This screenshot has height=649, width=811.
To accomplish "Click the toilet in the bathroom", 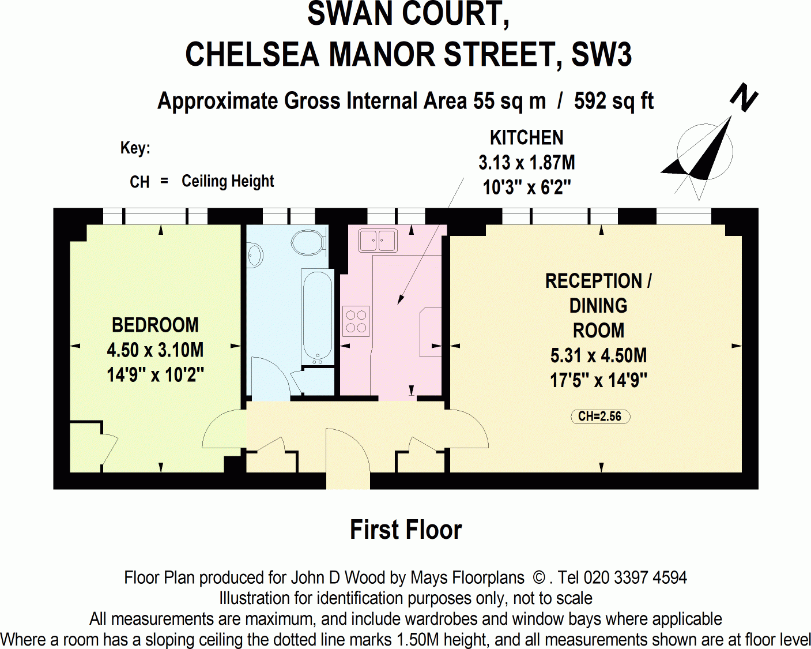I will click(x=310, y=242).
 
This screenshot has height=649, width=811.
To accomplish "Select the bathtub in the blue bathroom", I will click(x=317, y=317).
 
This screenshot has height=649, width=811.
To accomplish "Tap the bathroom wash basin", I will click(x=254, y=255).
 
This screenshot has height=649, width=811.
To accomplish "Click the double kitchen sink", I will click(x=378, y=240).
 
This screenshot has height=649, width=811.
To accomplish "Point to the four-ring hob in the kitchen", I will click(x=356, y=321).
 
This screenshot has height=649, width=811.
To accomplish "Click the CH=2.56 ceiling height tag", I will click(x=600, y=417).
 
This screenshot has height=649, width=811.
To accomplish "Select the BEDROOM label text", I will click(x=155, y=325).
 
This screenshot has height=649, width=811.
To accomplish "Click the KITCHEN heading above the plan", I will click(x=526, y=138).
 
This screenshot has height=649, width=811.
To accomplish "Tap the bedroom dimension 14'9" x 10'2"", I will click(x=155, y=375).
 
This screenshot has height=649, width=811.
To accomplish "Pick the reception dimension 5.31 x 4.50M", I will click(x=598, y=355).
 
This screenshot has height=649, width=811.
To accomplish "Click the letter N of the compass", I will click(x=744, y=98).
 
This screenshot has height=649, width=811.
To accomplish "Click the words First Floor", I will click(x=406, y=530).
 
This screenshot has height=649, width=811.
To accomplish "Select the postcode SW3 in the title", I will click(x=601, y=55).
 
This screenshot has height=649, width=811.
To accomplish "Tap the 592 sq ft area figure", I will click(x=613, y=101).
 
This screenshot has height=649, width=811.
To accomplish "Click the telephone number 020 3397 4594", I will click(x=635, y=577).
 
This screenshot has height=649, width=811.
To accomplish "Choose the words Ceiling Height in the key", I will click(x=228, y=181).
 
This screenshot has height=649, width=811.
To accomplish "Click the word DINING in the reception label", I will click(x=598, y=306).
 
